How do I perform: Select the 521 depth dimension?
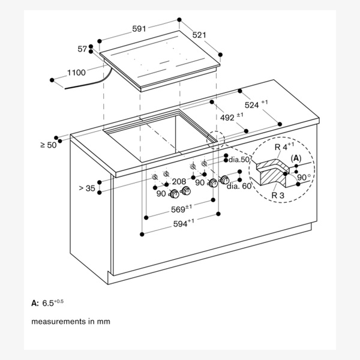(199, 35)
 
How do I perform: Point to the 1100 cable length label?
(76, 73)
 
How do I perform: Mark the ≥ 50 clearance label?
(48, 145)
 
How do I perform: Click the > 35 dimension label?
(86, 188)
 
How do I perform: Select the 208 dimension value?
(179, 181)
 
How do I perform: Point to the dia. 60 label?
(239, 187)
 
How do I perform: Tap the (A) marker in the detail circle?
(296, 158)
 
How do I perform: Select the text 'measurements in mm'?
(70, 322)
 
